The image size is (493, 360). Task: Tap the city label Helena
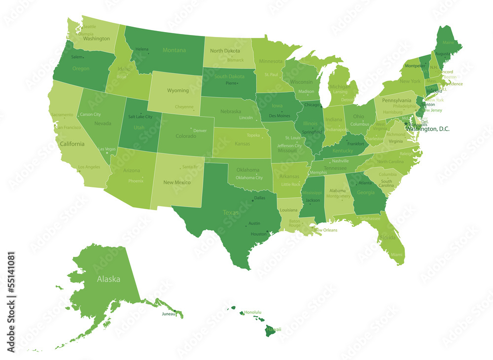[x=142, y=49]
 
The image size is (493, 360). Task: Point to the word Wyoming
[x=178, y=91]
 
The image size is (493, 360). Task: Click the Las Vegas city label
[x=107, y=149]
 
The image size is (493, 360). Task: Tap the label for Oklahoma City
[x=249, y=178]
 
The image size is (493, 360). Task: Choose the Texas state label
[x=231, y=213]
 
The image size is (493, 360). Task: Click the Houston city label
[x=258, y=234]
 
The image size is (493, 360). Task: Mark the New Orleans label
[x=326, y=230]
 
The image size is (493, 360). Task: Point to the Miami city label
[x=396, y=254]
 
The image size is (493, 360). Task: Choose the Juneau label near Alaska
[x=168, y=314]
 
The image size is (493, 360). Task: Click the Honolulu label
[x=253, y=312]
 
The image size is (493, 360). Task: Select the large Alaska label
[x=108, y=279]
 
